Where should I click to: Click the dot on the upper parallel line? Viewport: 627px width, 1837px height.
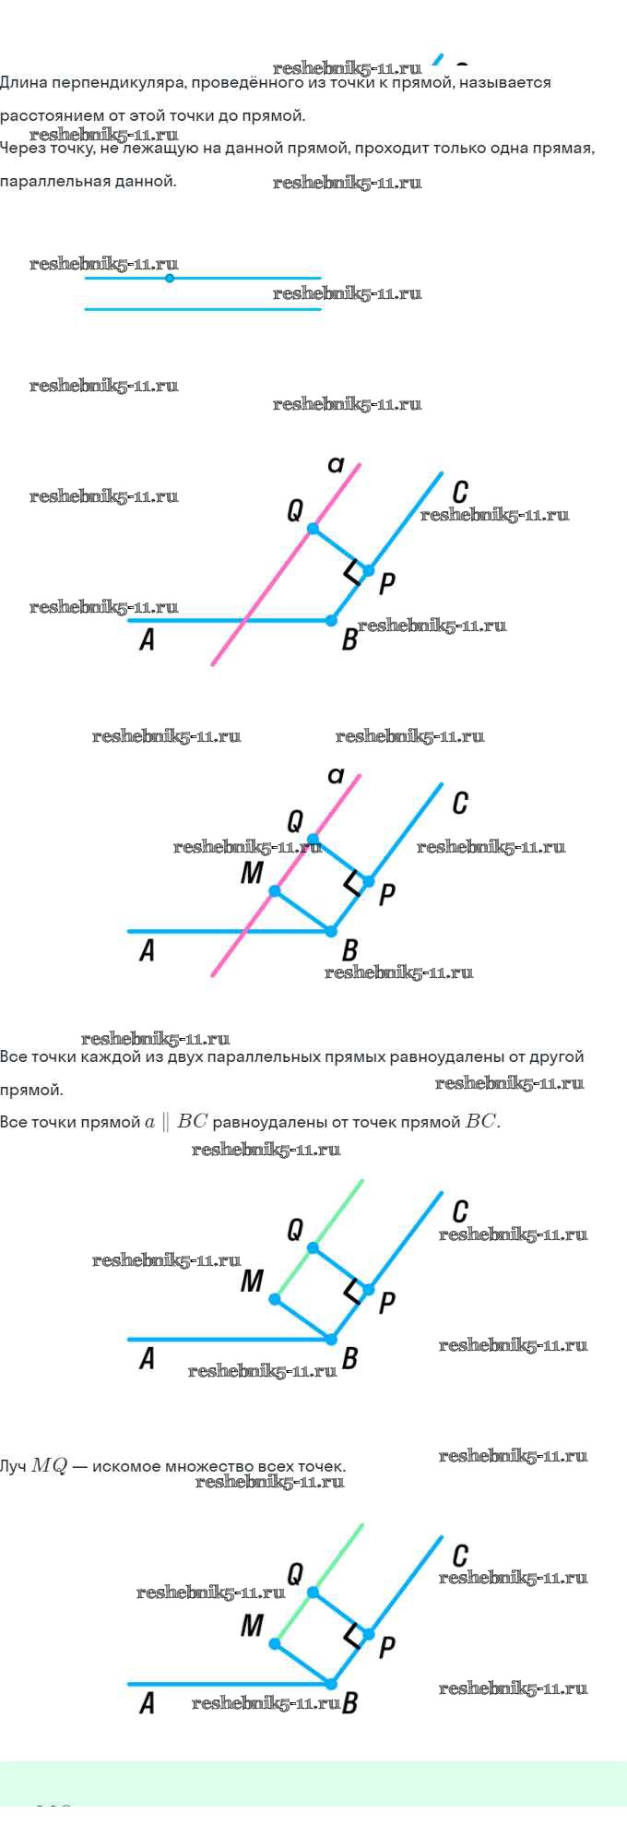tap(169, 278)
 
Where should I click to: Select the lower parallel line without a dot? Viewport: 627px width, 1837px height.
tap(203, 309)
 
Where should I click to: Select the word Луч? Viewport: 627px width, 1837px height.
tap(13, 1466)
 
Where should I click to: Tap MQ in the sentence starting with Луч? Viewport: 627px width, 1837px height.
tap(50, 1466)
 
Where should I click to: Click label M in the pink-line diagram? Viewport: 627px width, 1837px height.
tap(252, 873)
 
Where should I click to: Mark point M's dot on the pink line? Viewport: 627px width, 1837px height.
tap(275, 891)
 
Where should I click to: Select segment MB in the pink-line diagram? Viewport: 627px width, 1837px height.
tap(302, 911)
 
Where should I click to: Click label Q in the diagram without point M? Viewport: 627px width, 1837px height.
tap(295, 510)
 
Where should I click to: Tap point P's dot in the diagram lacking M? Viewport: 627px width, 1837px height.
tap(369, 571)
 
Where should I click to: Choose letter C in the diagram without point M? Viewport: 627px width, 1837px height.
tap(460, 492)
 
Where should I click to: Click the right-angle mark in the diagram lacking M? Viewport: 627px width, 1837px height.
tap(351, 572)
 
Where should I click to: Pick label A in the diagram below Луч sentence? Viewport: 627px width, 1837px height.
tap(147, 1704)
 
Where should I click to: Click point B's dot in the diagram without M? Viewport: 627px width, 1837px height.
tap(332, 621)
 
